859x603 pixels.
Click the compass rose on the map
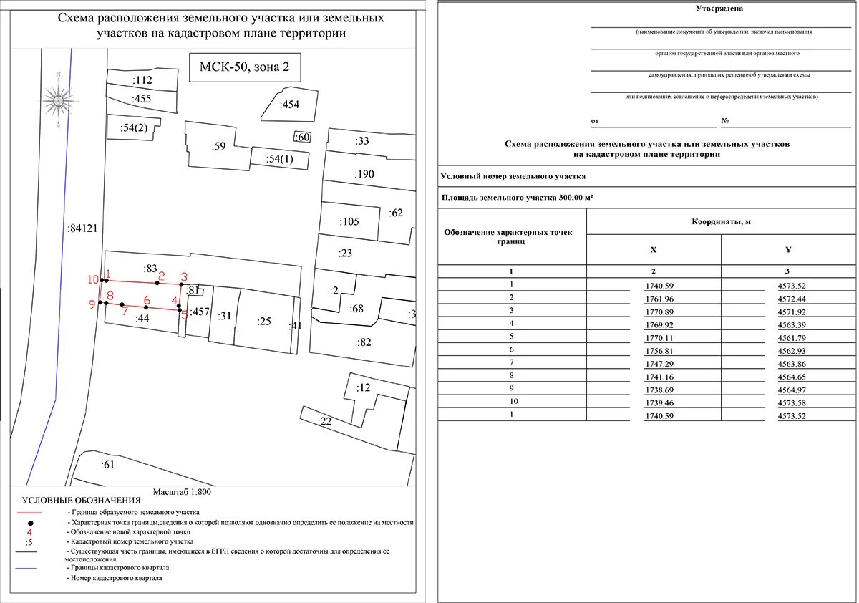point(58,99)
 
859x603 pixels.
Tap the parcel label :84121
point(82,228)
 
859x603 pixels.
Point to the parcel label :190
point(364,174)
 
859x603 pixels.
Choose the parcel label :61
point(108,465)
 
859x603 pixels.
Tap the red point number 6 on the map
point(147,300)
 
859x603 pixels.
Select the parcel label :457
point(200,312)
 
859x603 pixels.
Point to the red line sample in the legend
point(31,513)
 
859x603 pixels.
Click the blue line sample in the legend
point(31,567)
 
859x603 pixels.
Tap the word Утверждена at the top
point(719,9)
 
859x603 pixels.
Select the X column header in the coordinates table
point(654,250)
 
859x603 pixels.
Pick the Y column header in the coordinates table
point(789,250)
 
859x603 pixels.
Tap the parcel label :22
point(325,422)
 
